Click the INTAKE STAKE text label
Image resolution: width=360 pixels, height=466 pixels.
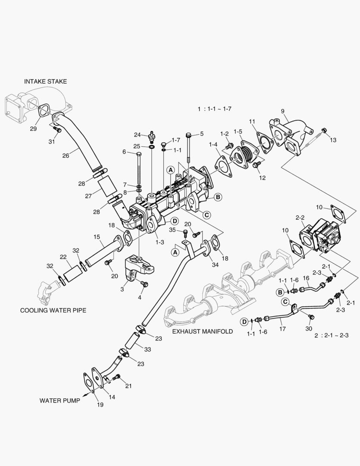(x=45, y=81)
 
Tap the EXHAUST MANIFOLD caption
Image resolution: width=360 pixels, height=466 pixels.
(x=202, y=331)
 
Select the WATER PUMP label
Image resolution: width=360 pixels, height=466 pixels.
(x=60, y=400)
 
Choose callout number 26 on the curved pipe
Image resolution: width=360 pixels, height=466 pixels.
(x=66, y=156)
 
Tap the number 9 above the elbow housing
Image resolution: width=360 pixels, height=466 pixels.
(x=282, y=111)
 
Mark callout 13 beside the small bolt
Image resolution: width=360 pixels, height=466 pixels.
(x=332, y=140)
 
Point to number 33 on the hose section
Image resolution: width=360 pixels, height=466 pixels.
(x=147, y=349)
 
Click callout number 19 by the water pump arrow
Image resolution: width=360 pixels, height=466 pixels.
(x=100, y=405)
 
